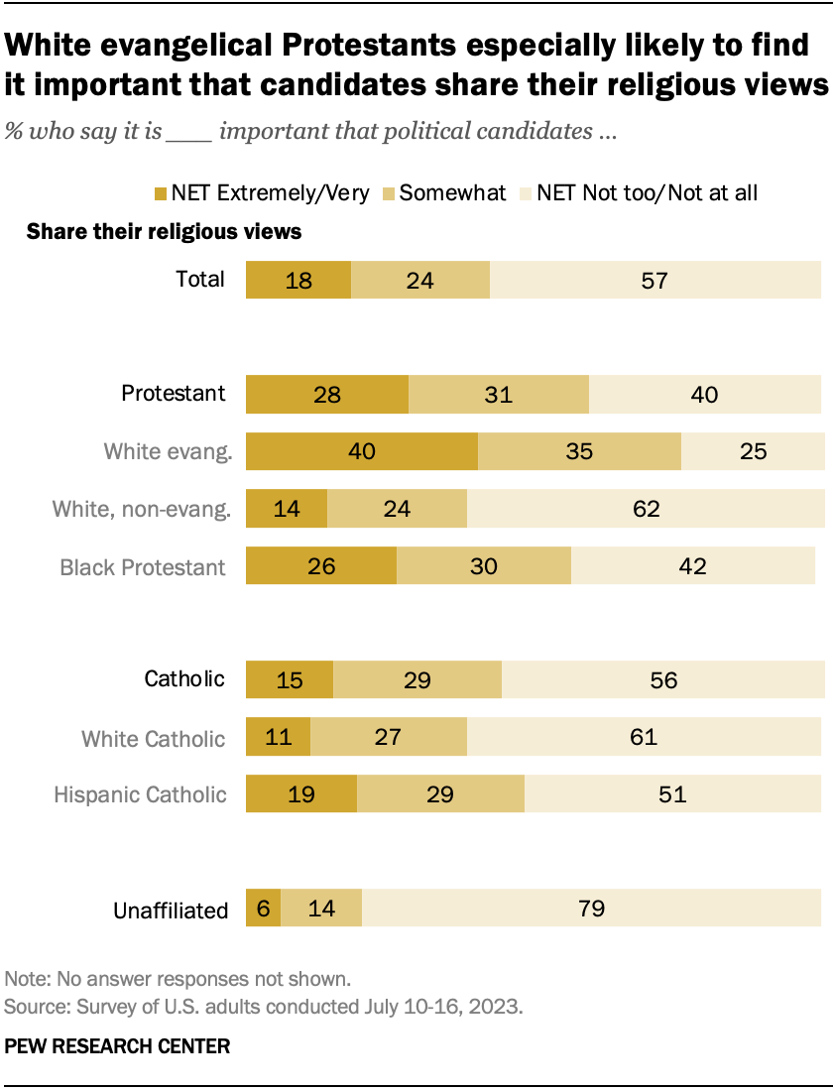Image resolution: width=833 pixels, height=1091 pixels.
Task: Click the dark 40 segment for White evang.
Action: click(x=361, y=451)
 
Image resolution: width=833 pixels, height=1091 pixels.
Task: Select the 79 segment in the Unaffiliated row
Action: click(x=591, y=908)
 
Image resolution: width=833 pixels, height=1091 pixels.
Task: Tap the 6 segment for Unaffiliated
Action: click(x=263, y=908)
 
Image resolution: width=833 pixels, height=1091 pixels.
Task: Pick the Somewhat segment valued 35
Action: click(x=579, y=451)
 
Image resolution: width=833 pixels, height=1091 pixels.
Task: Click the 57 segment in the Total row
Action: click(x=654, y=280)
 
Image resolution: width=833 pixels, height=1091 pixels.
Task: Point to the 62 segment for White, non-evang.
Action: click(x=645, y=509)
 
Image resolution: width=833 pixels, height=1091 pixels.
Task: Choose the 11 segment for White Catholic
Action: click(x=278, y=737)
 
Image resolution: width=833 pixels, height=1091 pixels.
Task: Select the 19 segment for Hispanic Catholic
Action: click(x=300, y=793)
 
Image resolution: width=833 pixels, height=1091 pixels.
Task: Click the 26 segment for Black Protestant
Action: click(x=320, y=565)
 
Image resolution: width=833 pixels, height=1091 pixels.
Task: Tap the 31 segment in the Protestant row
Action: click(x=499, y=394)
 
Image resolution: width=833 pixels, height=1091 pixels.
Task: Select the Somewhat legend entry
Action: click(x=452, y=192)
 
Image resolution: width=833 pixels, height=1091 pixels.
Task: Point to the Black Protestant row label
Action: click(x=143, y=566)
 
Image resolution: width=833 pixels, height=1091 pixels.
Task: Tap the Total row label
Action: click(x=200, y=280)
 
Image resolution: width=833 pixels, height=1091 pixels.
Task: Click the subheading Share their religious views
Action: click(x=164, y=232)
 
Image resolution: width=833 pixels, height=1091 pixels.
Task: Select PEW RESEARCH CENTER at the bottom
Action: click(x=117, y=1046)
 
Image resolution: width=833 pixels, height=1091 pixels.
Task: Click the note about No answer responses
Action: click(x=178, y=979)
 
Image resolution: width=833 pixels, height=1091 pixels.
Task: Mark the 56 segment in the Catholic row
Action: click(x=662, y=679)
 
